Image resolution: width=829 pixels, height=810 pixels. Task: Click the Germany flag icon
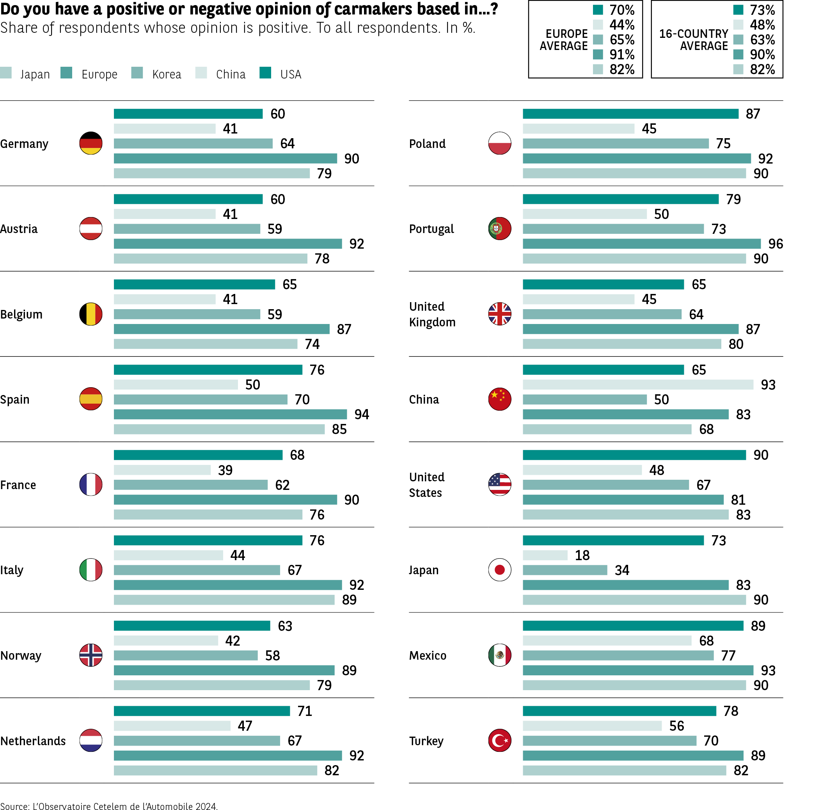coord(91,143)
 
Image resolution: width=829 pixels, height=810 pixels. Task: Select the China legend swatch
coord(201,73)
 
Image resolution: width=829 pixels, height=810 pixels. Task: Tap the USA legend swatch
coord(265,73)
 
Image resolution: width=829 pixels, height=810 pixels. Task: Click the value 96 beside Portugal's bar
coord(776,244)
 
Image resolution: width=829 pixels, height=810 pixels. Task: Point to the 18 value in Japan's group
coord(582,555)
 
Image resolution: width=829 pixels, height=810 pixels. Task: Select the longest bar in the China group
coord(638,385)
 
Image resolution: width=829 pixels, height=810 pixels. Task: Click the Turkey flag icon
coord(499,740)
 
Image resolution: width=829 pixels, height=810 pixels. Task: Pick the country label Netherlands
coord(33,741)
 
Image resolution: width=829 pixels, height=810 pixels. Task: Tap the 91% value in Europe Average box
coord(621,54)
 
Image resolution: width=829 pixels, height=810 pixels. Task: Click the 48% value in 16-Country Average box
coord(762,25)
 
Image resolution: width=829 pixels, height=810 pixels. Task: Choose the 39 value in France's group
coord(225,470)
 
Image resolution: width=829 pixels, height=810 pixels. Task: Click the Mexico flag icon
coord(499,655)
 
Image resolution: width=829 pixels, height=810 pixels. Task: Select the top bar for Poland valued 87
coord(630,114)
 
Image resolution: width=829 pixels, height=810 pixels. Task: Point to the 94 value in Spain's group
coord(361,414)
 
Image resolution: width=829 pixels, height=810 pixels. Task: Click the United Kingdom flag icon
coord(499,314)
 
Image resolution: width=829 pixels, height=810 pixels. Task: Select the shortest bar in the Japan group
coord(545,555)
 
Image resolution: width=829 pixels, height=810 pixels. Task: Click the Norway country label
coord(21,655)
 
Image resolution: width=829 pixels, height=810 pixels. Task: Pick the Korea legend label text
coord(167,75)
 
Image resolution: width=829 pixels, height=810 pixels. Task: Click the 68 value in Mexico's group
coord(706,641)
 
